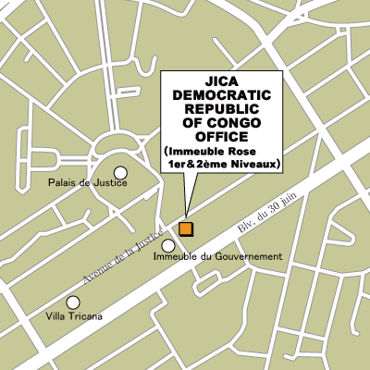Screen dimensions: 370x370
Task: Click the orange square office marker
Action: pos(186,228)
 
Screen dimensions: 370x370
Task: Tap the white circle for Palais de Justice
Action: pos(120,172)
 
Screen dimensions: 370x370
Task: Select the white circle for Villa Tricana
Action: pos(73,302)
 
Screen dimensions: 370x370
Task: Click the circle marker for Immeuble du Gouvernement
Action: pos(168,245)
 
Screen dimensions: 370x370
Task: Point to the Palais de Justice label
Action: pos(87,184)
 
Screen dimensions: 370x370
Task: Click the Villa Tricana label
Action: pos(73,316)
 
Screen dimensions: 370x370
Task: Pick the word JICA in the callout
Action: pos(222,82)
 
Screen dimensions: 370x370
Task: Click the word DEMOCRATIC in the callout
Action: pos(222,96)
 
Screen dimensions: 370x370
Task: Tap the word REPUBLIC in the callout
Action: pos(222,110)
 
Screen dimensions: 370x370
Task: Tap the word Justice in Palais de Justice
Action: pos(108,184)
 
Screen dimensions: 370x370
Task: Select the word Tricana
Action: pos(82,316)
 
